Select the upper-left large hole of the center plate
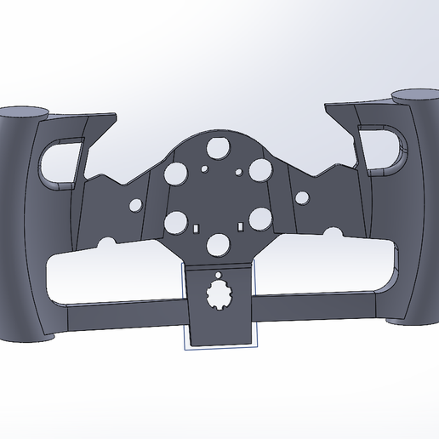pyautogui.click(x=178, y=174)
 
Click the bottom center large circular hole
pyautogui.click(x=219, y=244)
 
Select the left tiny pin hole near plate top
pyautogui.click(x=202, y=168)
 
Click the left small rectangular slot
pyautogui.click(x=195, y=228)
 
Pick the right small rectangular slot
pyautogui.click(x=242, y=227)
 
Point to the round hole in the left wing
pyautogui.click(x=134, y=204)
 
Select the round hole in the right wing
pyautogui.click(x=302, y=199)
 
